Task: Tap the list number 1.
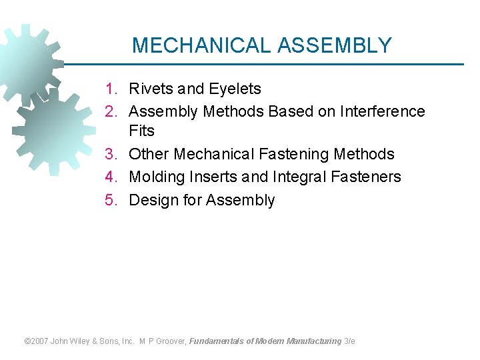(x=111, y=89)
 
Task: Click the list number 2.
(x=111, y=111)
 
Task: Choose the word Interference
(x=383, y=111)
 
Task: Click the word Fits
(x=141, y=131)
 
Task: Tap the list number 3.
(x=111, y=154)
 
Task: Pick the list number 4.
(x=111, y=177)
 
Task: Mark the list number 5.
(x=111, y=200)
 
